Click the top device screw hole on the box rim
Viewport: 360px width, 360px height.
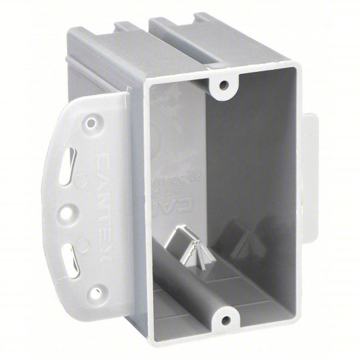click(x=224, y=86)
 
